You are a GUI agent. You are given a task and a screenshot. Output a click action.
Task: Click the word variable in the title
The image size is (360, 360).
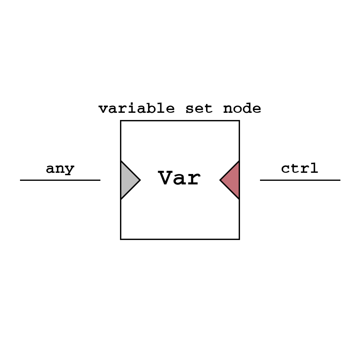point(136,108)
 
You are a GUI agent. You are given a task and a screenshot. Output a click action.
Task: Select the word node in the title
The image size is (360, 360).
point(242,108)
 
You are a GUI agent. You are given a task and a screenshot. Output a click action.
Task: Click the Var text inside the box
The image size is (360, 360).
point(179,178)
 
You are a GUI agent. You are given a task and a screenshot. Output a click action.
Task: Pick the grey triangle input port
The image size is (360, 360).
point(128,180)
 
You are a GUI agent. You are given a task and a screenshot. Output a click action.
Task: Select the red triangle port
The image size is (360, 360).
point(232,180)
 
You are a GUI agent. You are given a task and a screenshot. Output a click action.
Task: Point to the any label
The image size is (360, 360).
point(60,169)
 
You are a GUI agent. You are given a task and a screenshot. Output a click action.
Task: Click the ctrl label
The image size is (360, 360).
point(300,168)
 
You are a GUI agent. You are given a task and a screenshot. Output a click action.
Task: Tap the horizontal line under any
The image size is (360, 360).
point(60,180)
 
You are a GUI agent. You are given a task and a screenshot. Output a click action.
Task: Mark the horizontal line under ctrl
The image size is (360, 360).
point(300,180)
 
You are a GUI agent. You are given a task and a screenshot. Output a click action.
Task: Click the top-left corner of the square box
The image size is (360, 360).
point(121,121)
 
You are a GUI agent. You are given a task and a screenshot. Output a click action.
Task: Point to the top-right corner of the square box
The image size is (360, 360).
point(239,121)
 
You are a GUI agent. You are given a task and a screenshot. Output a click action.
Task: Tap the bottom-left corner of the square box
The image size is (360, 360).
point(121,239)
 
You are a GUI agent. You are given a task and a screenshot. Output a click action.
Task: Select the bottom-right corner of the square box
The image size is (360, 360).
point(239,239)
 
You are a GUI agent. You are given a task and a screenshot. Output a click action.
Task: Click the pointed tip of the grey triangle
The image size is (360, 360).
point(140,180)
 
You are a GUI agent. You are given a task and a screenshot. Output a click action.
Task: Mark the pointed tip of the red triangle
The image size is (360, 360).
point(220,180)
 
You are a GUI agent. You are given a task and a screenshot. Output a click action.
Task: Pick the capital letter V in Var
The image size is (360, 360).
point(165,178)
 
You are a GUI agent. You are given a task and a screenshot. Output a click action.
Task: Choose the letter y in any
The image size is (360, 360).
point(70,170)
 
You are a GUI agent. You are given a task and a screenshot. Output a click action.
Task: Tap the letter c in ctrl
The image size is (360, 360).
point(286,169)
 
